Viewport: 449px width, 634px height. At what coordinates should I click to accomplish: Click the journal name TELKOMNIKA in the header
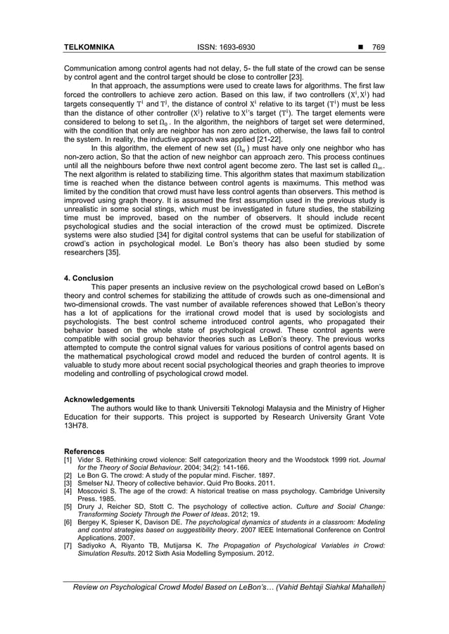[89, 48]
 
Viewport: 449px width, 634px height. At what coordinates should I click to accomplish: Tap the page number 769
[378, 48]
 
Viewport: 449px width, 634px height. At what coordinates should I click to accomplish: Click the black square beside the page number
[360, 48]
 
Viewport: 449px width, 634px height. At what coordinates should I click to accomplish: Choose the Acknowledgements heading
[99, 399]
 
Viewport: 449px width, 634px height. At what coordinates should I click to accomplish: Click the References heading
[84, 451]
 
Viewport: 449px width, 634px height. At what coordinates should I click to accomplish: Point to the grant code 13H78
[77, 425]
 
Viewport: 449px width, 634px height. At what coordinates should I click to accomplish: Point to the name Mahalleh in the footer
[364, 588]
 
